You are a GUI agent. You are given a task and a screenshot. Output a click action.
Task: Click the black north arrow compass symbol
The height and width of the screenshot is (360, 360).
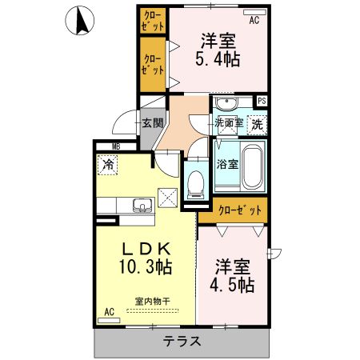pos(81,22)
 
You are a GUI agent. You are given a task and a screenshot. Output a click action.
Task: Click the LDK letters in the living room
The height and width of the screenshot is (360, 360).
pos(145,247)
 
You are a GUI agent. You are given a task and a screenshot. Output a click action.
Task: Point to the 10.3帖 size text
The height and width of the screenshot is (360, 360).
pos(145,266)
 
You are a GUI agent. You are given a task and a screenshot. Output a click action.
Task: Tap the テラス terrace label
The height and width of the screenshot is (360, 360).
pos(182,342)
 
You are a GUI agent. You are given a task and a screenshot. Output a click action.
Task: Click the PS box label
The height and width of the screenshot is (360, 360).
pos(261,101)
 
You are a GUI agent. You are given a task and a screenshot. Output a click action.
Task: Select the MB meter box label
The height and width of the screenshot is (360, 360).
pos(116,146)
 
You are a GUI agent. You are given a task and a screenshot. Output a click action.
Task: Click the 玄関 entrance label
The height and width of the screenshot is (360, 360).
pos(152,123)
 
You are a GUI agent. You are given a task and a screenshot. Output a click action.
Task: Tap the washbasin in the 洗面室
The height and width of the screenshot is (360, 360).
pos(226,105)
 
